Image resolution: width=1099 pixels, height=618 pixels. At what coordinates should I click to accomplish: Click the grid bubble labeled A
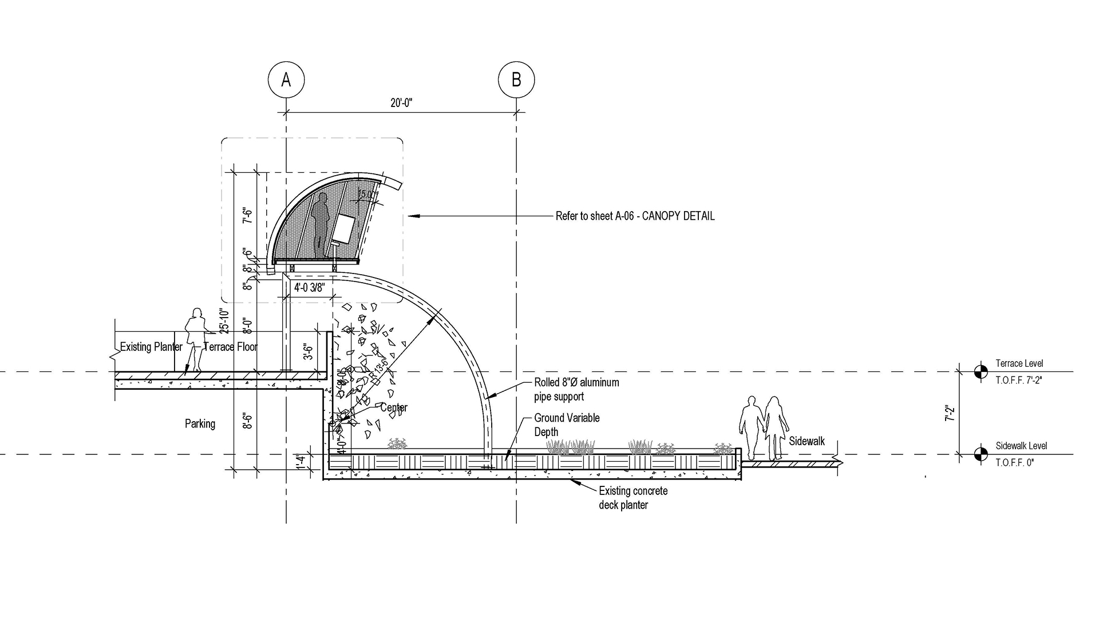tap(286, 80)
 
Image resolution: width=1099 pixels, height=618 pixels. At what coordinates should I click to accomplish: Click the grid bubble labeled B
tap(516, 80)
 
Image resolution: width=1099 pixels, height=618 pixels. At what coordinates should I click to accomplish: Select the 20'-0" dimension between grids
tap(401, 103)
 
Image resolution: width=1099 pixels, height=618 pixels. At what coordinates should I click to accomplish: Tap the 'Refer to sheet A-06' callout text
tap(635, 216)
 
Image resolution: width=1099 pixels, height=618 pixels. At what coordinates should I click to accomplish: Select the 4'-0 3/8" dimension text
tap(309, 288)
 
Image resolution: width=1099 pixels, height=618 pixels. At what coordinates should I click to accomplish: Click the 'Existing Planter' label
tap(151, 347)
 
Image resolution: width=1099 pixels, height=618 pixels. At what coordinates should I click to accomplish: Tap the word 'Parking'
tap(200, 424)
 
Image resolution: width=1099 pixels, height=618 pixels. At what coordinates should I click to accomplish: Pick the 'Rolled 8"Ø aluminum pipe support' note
tap(576, 389)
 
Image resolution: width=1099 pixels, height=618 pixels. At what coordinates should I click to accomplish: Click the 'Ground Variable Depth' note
tap(567, 425)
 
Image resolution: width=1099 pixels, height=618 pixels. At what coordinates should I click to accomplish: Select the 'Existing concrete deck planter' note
tap(632, 498)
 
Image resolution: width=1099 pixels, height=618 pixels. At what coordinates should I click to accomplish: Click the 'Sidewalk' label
tap(807, 441)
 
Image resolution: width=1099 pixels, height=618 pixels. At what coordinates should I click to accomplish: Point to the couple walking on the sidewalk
tap(764, 427)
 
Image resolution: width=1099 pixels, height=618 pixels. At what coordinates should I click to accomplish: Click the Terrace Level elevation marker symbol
tap(981, 372)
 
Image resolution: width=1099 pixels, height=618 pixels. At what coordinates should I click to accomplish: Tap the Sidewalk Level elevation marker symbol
tap(981, 454)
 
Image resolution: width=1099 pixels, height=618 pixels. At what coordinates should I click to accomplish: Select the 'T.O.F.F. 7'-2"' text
tap(1018, 380)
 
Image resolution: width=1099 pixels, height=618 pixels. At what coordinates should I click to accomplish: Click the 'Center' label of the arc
tap(394, 408)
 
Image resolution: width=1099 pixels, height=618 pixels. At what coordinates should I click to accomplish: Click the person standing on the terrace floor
tap(196, 339)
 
